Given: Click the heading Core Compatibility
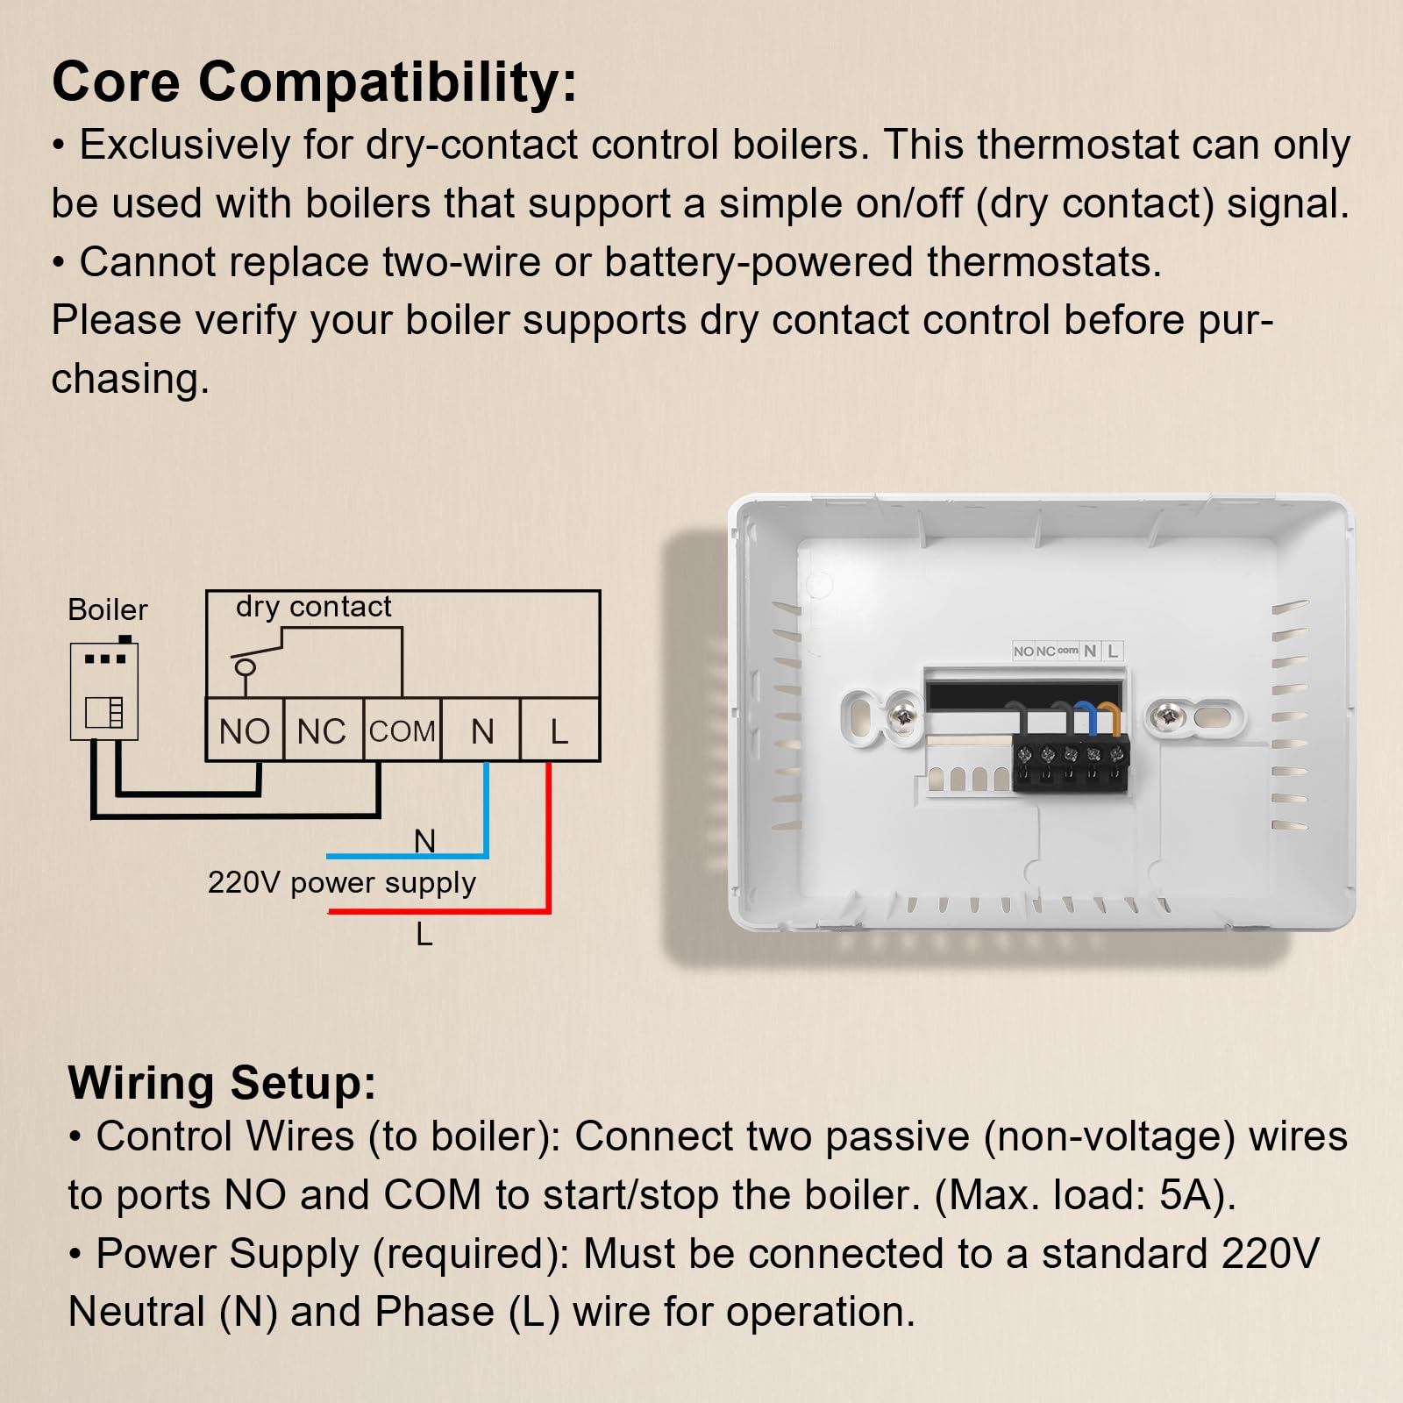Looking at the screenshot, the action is (x=315, y=82).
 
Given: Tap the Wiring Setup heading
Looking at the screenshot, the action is (x=222, y=1084).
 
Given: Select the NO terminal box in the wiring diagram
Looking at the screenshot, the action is (x=245, y=730).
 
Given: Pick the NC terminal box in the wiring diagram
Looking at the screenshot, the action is (x=323, y=730).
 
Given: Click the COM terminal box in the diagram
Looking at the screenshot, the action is (x=402, y=730).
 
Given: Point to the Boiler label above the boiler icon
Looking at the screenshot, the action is (x=108, y=609).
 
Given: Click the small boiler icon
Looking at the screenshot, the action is (x=104, y=688).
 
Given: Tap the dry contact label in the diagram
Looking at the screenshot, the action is (x=313, y=607).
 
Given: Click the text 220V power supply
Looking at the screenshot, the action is (x=342, y=883).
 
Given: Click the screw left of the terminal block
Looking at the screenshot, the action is (x=902, y=717).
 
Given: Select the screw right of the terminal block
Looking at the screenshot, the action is (x=1167, y=717).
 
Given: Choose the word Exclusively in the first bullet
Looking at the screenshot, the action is (x=185, y=145).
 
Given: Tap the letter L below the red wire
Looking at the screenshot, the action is (x=424, y=935).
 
